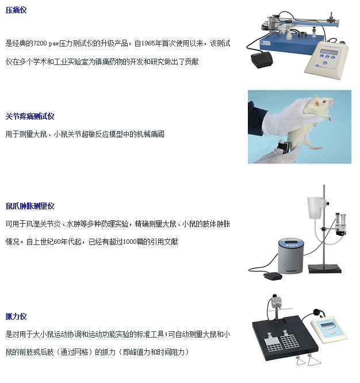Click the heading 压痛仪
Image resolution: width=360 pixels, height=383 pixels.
(16, 10)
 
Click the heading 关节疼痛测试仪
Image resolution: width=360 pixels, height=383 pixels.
(30, 117)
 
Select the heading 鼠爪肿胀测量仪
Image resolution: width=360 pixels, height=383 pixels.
(30, 206)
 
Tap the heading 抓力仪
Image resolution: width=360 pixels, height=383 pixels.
(16, 316)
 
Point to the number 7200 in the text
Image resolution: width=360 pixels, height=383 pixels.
(40, 44)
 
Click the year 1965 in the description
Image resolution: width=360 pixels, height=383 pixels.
(148, 44)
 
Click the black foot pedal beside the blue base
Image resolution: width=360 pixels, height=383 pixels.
(261, 60)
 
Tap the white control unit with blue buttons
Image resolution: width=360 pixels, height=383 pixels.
(326, 60)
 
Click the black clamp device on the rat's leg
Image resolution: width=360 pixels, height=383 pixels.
(284, 148)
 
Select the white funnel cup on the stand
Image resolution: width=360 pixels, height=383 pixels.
(315, 208)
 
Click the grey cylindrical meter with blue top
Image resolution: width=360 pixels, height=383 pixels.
(290, 256)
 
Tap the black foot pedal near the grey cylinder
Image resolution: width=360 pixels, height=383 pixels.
(273, 276)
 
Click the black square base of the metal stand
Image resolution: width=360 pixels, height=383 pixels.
(324, 269)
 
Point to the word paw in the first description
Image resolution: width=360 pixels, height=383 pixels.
(53, 44)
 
